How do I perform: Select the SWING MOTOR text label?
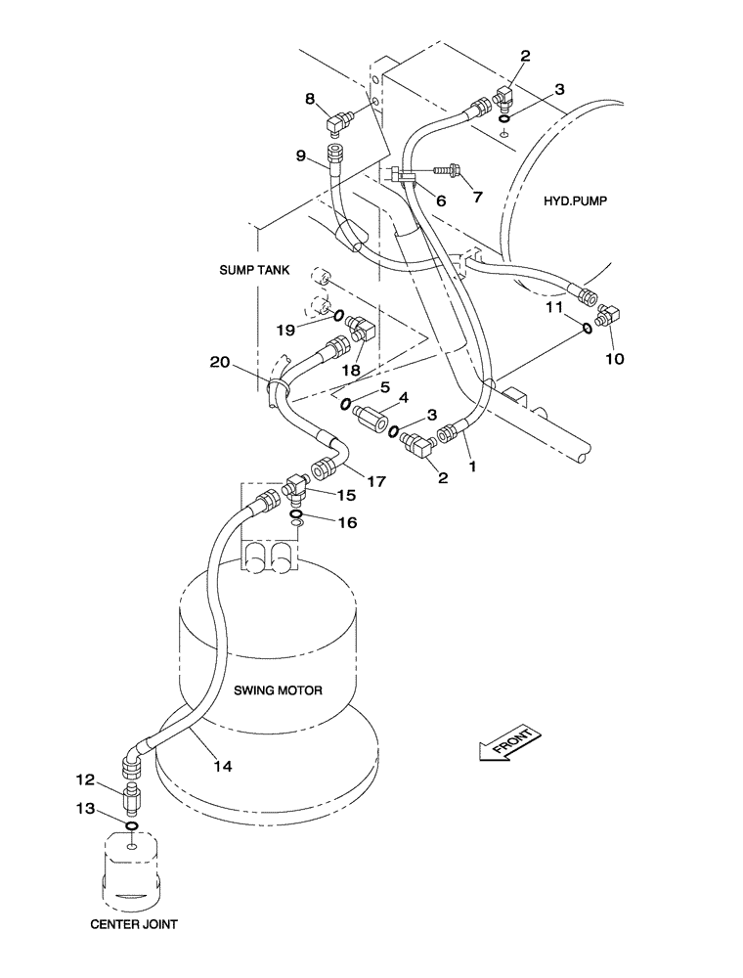tap(278, 689)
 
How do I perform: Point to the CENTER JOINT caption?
tap(133, 922)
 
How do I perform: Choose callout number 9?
tap(301, 154)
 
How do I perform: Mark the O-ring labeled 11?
tap(586, 328)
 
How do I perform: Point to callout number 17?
tap(374, 481)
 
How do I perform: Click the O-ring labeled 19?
tap(337, 316)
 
